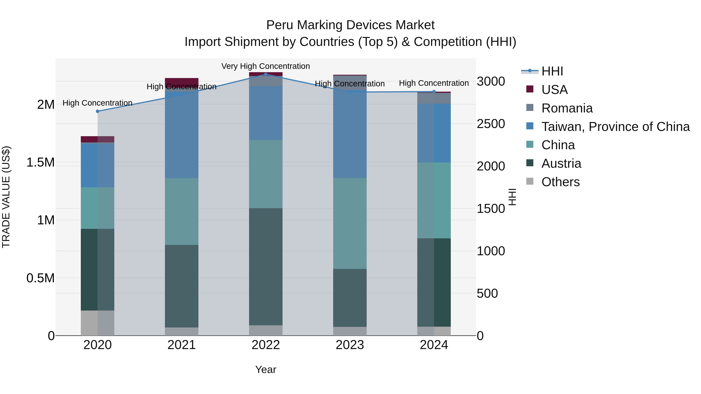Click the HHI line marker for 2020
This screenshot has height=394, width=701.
point(97,111)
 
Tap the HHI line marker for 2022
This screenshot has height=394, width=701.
point(266,75)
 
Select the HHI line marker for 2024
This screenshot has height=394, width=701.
point(434,92)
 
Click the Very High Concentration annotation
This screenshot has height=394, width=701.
point(266,66)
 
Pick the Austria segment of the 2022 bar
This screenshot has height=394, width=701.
point(266,267)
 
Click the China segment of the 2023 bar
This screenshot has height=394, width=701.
point(350,223)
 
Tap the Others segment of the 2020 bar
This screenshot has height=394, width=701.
point(97,323)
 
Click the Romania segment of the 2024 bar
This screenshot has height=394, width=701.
point(434,98)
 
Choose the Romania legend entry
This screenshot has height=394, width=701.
point(567,108)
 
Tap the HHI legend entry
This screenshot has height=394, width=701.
point(552,71)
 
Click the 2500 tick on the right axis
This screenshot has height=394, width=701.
point(491,124)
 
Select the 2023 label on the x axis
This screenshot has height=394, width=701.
point(350,345)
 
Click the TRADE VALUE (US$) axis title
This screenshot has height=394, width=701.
point(6,197)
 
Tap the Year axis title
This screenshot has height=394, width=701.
point(266,369)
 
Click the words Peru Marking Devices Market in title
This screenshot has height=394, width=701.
point(350,25)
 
